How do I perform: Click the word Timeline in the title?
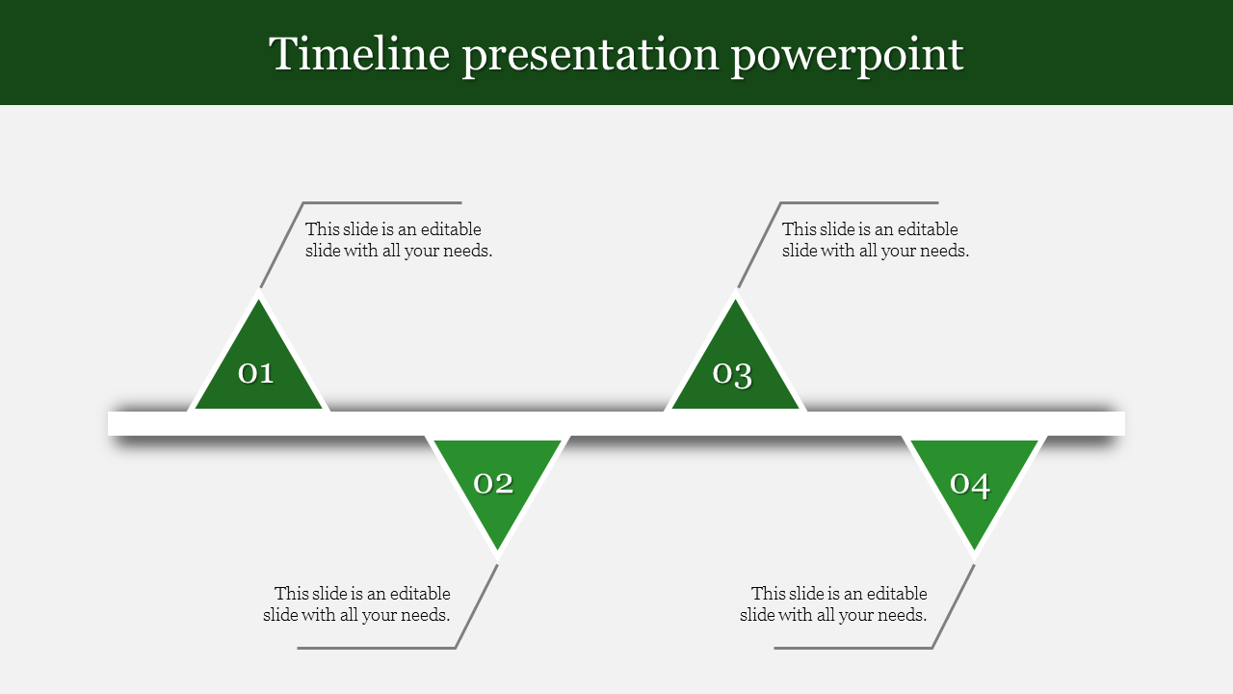[359, 53]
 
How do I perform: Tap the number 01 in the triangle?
[255, 373]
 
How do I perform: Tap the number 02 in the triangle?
[493, 484]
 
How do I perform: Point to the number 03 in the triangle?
[732, 375]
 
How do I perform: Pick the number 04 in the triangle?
[970, 485]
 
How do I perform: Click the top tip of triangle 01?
[259, 300]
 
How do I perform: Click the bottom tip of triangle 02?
[498, 549]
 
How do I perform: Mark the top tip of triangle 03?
[735, 300]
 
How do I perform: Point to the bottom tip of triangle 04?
[974, 549]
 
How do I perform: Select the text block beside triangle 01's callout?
[399, 240]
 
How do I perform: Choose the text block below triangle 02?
[356, 604]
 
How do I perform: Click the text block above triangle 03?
[876, 240]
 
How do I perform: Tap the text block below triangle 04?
[833, 604]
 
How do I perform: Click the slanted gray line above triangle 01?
[282, 245]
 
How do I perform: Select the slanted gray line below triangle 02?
[477, 606]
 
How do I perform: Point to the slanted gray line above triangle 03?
[759, 245]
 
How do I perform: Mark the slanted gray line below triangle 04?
[954, 606]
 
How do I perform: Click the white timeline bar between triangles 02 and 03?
[616, 423]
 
